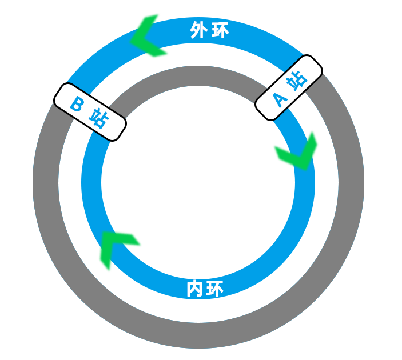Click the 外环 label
click(210, 31)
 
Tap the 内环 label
click(205, 289)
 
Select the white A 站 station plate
click(289, 87)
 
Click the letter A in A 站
click(280, 99)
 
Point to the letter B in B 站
click(77, 103)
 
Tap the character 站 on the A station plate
click(297, 80)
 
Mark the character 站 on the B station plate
click(98, 119)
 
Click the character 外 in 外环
click(198, 31)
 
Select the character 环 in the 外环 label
click(220, 31)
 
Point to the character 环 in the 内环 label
click(215, 289)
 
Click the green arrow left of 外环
click(149, 36)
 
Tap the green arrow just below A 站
click(294, 151)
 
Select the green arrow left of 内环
click(119, 250)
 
